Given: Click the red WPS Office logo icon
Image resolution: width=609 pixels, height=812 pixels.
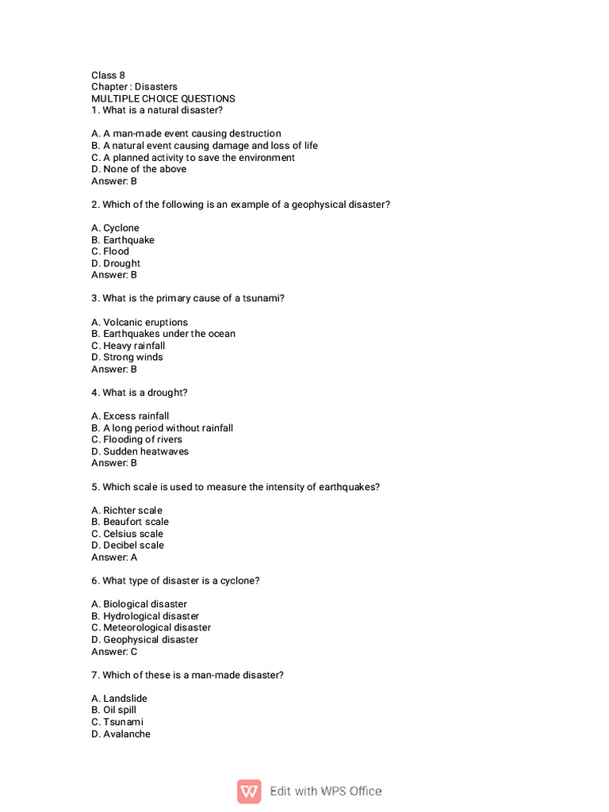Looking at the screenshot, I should [x=249, y=791].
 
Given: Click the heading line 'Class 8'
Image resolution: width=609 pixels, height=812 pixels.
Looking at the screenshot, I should [x=108, y=75].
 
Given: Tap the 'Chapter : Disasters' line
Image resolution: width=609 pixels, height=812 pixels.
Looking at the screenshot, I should [x=134, y=86].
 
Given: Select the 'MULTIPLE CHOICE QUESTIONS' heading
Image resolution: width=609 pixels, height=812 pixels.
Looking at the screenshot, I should [x=163, y=98].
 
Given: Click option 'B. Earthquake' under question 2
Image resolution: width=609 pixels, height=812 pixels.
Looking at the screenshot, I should [x=123, y=239].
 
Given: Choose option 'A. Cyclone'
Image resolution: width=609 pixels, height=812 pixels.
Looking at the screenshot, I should [x=115, y=228].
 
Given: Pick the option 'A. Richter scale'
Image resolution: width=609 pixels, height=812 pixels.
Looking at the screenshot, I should [x=126, y=510].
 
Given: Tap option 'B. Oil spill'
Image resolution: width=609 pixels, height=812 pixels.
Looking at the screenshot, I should [x=113, y=710].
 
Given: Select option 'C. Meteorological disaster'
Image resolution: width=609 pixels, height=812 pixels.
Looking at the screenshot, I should [x=151, y=627].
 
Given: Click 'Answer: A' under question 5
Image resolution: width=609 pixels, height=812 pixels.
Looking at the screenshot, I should [x=114, y=557].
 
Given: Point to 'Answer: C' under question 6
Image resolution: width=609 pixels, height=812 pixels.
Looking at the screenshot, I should [x=114, y=651].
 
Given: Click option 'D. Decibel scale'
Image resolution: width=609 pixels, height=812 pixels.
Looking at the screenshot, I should [x=128, y=545].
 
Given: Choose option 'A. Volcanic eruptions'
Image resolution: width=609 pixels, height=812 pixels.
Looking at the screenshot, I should [x=140, y=322].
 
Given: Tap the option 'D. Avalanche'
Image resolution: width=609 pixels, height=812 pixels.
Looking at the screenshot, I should [x=121, y=733].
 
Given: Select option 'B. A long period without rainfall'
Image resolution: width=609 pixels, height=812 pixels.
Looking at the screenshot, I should [x=162, y=427].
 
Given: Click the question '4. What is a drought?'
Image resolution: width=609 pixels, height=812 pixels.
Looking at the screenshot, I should [x=140, y=393].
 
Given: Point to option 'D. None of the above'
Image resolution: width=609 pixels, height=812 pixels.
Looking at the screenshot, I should [x=139, y=169].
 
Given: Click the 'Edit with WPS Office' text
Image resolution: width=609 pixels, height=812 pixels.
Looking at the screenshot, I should [x=325, y=791].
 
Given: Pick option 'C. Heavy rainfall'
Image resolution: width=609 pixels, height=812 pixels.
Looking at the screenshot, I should [x=128, y=346].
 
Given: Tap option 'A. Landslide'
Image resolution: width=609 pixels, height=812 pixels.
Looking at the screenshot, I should [x=119, y=698].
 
